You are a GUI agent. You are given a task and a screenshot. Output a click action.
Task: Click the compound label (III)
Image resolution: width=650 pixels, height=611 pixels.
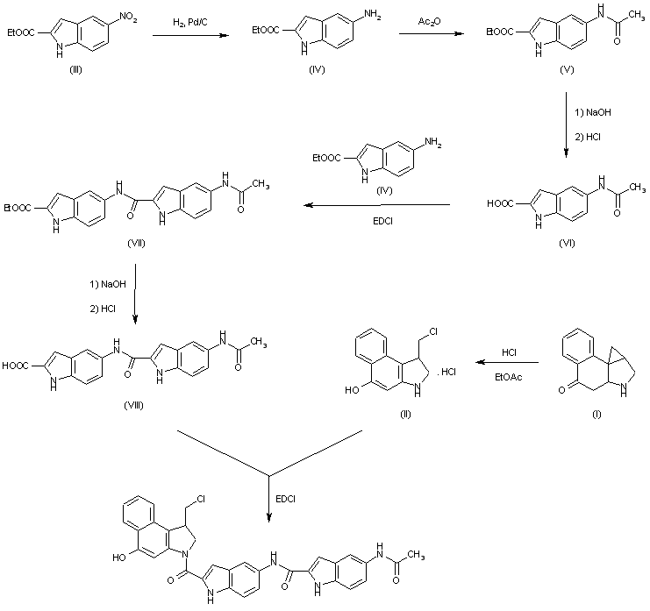[77, 69]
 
